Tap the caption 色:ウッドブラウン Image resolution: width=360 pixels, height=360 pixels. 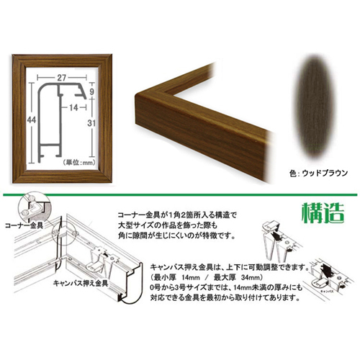click(308, 172)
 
